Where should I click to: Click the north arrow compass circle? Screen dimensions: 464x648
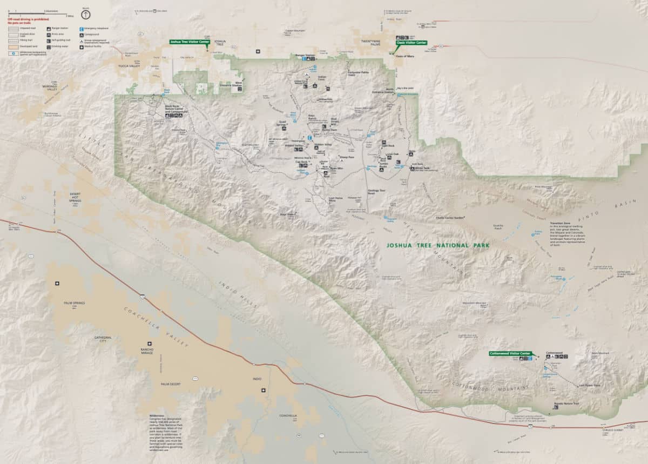coord(86,15)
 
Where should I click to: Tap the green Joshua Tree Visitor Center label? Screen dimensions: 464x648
coord(189,41)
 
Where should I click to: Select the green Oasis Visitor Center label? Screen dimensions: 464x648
coord(411,43)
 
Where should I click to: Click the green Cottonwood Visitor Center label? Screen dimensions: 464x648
coord(510,353)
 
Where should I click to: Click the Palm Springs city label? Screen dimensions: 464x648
coord(75,303)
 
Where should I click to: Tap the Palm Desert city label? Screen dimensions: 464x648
coord(170,384)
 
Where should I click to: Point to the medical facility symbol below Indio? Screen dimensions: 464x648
coord(263,391)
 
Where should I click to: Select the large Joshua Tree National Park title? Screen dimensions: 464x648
coord(438,245)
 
